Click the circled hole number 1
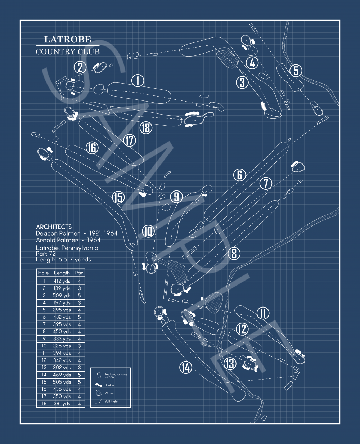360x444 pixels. tap(138, 81)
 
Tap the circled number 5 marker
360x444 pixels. tap(296, 71)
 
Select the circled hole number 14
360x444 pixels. tap(185, 367)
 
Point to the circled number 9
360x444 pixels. tap(176, 197)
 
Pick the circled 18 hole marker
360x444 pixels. tap(146, 127)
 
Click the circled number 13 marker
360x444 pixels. tap(230, 364)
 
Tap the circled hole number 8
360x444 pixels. tap(234, 254)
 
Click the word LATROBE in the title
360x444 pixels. tap(67, 40)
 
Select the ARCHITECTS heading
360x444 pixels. tap(54, 227)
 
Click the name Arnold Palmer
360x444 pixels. tap(57, 240)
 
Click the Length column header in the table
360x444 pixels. tap(62, 273)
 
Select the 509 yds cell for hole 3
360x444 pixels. tap(62, 296)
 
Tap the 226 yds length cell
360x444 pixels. tap(62, 346)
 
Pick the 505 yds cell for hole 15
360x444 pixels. tap(62, 382)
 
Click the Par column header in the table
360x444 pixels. tap(79, 273)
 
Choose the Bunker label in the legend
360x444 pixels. tap(109, 385)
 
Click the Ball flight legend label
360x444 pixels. tap(111, 402)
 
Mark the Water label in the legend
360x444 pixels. tap(109, 393)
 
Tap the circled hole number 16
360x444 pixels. tap(92, 148)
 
